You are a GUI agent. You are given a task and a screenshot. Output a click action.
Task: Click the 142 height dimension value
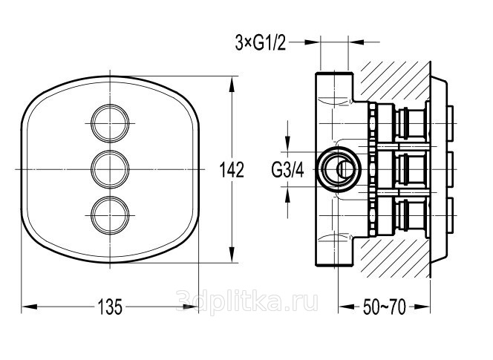232,169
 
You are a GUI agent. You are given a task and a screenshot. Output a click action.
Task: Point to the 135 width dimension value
110,307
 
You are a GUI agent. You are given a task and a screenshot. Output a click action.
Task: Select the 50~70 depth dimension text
385,307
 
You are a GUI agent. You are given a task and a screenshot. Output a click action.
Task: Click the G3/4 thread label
287,171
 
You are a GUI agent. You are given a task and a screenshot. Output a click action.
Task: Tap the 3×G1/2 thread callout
261,43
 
